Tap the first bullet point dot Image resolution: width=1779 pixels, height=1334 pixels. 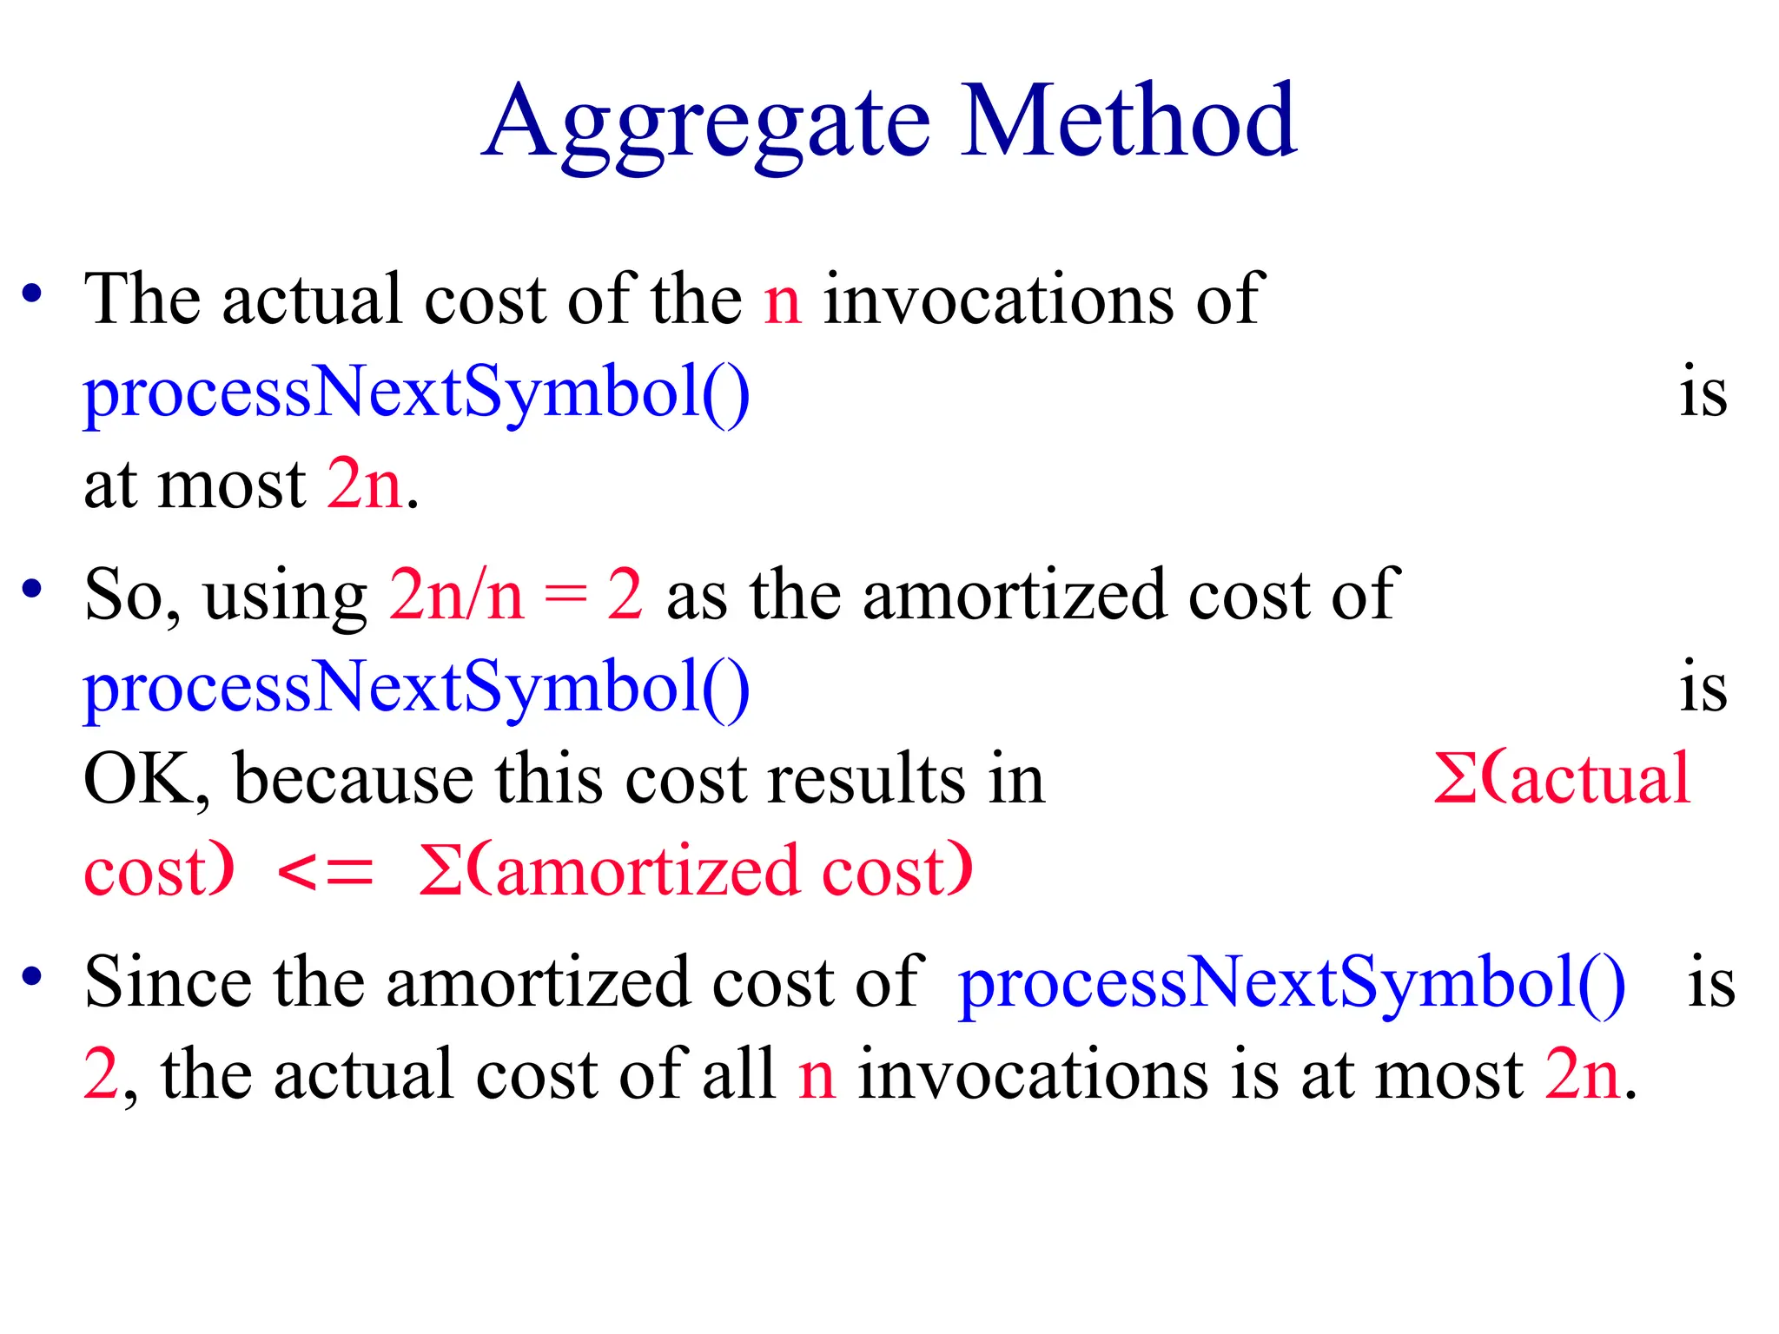(32, 294)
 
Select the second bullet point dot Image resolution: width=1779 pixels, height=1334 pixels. (32, 589)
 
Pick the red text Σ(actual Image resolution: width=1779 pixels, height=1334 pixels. (1561, 779)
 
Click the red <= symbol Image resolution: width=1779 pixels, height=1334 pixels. (325, 872)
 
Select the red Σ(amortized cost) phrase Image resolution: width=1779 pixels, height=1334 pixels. (695, 871)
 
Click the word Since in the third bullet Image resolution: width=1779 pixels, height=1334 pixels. (167, 981)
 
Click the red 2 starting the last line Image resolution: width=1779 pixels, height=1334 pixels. (101, 1075)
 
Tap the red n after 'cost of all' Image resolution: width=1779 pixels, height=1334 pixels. (817, 1077)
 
